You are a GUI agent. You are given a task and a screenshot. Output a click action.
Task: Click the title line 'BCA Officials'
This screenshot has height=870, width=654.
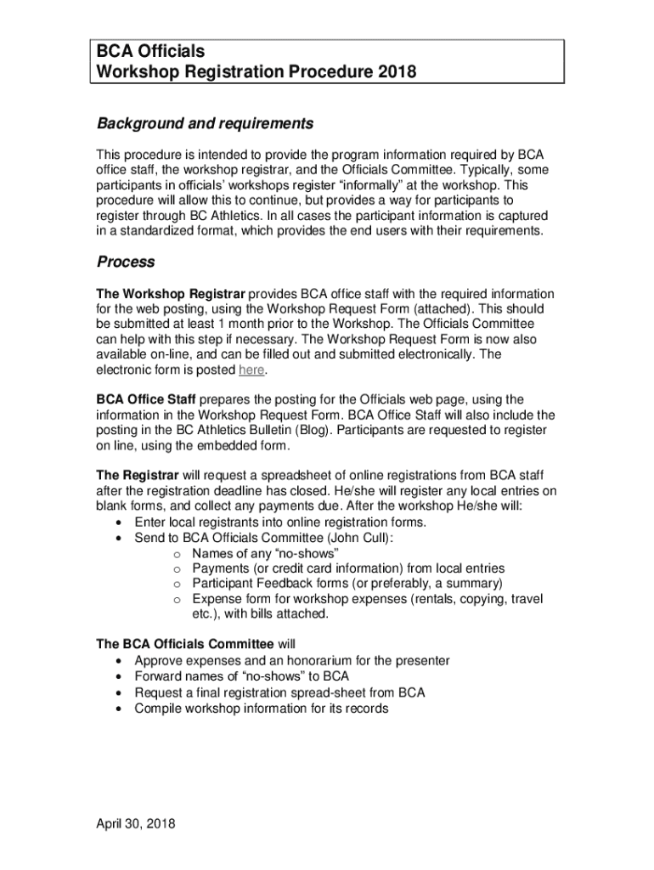[150, 53]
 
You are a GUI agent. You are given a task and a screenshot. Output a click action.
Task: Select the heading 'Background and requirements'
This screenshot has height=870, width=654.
[205, 124]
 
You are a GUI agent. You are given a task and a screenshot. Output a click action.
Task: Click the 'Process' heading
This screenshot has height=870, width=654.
[125, 262]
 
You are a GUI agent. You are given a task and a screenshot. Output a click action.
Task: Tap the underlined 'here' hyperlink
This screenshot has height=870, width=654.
[252, 370]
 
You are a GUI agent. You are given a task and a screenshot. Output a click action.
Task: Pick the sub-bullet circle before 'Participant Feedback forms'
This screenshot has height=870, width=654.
[178, 584]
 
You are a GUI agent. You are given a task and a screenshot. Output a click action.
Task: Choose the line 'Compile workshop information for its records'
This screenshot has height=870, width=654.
[262, 708]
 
